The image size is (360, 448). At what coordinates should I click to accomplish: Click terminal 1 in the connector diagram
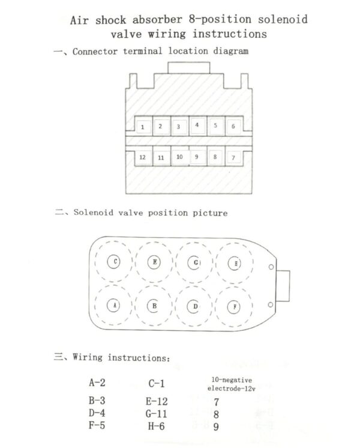click(143, 126)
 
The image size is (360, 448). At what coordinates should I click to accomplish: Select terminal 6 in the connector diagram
click(234, 126)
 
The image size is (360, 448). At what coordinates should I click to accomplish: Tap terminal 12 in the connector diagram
click(143, 157)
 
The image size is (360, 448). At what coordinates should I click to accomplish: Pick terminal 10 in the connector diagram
click(179, 156)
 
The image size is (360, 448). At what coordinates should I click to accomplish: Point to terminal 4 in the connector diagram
click(197, 126)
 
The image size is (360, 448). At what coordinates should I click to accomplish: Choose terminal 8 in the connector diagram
click(215, 156)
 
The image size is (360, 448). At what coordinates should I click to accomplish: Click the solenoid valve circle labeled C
click(113, 261)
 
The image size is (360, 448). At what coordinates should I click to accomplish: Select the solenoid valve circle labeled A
click(113, 306)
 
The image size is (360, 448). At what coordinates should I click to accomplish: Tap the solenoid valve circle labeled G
click(194, 262)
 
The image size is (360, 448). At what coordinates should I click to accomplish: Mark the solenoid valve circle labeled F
click(234, 307)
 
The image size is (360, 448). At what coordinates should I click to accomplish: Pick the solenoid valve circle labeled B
click(154, 306)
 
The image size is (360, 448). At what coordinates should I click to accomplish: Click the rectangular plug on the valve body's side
click(283, 286)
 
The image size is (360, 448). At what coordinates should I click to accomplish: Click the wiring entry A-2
click(97, 383)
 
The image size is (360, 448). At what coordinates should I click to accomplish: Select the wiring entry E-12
click(157, 401)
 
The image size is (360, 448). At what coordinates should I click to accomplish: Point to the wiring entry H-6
click(156, 426)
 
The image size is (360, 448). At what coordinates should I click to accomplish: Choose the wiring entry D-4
click(97, 413)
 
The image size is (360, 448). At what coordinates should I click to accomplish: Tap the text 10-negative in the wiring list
click(232, 380)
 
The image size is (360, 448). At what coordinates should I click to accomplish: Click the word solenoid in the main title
click(283, 19)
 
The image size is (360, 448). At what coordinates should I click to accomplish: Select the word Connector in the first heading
click(95, 52)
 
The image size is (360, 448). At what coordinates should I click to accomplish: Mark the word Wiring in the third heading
click(88, 357)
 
